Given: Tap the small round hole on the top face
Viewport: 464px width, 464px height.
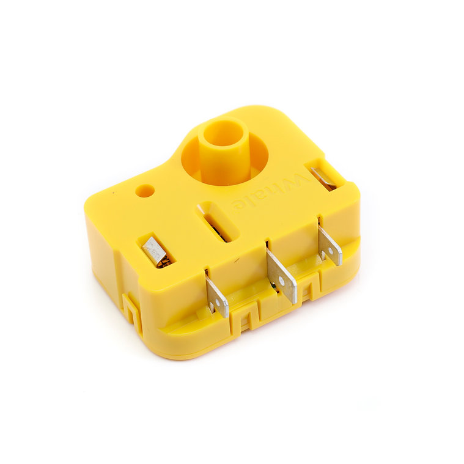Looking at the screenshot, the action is click(x=145, y=190).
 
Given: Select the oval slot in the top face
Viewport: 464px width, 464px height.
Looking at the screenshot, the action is click(x=218, y=222).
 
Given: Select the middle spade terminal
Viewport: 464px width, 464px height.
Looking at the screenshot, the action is click(x=281, y=274).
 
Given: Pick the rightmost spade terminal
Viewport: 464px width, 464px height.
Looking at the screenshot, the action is click(x=330, y=242).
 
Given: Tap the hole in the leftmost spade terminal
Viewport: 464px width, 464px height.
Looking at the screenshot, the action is click(x=219, y=301).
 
